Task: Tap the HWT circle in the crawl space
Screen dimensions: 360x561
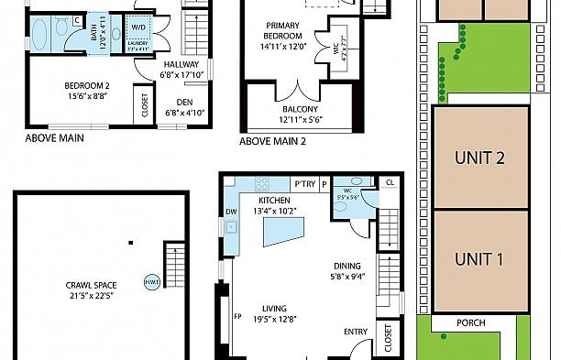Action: [150, 281]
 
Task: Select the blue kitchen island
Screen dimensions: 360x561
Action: [282, 232]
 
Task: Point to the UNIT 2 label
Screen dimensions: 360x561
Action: [480, 158]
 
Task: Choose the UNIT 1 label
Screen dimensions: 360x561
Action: [480, 259]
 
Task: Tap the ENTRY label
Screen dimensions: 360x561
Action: [356, 332]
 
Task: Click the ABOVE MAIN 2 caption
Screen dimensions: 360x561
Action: [273, 142]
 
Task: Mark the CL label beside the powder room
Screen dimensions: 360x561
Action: [390, 182]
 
